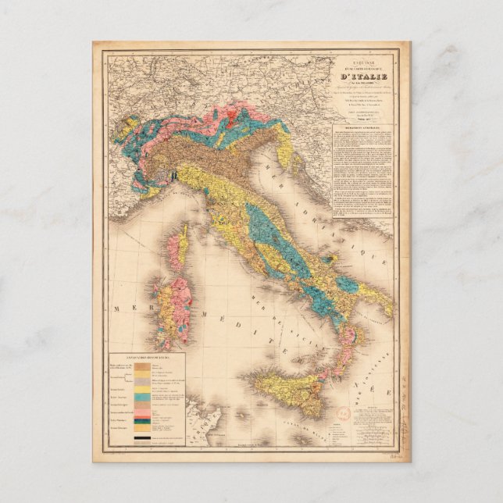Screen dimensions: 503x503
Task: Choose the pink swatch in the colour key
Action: pyautogui.click(x=144, y=408)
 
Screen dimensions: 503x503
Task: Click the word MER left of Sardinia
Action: pyautogui.click(x=125, y=309)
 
